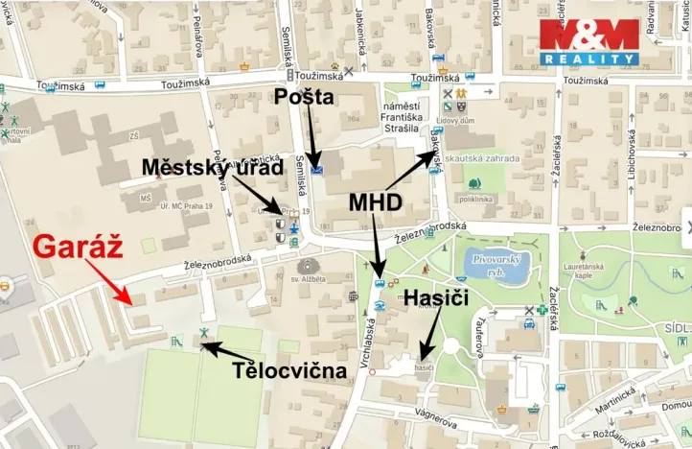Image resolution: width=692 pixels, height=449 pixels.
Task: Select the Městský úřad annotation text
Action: click(213, 167)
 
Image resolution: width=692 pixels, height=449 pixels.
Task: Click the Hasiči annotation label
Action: click(437, 298)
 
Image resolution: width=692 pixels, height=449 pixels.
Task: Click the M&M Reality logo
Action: click(588, 42)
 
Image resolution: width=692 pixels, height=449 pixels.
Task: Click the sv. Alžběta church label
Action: click(309, 278)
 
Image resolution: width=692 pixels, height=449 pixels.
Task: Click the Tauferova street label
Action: click(476, 335)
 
